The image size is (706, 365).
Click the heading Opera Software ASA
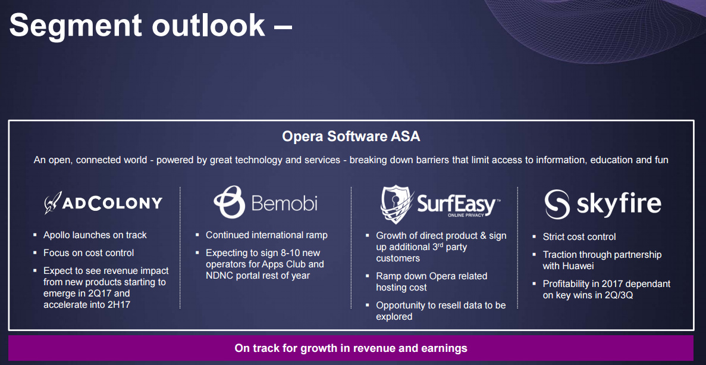[351, 136]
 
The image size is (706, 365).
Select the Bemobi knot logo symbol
[230, 202]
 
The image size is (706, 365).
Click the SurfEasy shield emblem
[397, 204]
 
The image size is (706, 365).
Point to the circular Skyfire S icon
[557, 204]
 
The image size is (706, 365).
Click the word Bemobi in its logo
[284, 203]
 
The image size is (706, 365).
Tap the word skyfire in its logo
[619, 204]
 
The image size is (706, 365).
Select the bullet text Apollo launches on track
[95, 235]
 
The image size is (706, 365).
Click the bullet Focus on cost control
[89, 253]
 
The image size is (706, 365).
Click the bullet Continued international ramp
[266, 235]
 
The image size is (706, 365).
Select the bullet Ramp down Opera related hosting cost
[432, 282]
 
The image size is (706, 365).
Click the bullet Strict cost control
[579, 236]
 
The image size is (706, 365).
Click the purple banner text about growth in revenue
[351, 348]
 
